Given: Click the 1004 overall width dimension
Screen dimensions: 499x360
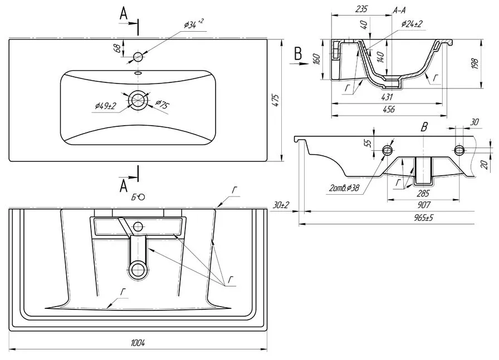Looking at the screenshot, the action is click(x=138, y=343).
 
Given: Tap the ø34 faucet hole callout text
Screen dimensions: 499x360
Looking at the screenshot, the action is click(x=193, y=24).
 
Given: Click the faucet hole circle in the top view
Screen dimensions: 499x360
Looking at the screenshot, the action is click(x=138, y=57).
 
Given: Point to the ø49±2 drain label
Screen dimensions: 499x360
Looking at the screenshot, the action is click(x=105, y=106).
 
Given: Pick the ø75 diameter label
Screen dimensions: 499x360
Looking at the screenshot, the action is click(x=162, y=104).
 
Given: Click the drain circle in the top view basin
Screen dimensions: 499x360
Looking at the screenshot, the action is click(x=138, y=100).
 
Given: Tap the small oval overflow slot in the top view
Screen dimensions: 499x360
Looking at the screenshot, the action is click(x=138, y=73).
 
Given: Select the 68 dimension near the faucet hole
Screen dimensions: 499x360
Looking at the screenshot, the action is click(x=118, y=48).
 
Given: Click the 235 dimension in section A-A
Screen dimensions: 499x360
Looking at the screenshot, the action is click(x=361, y=9).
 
